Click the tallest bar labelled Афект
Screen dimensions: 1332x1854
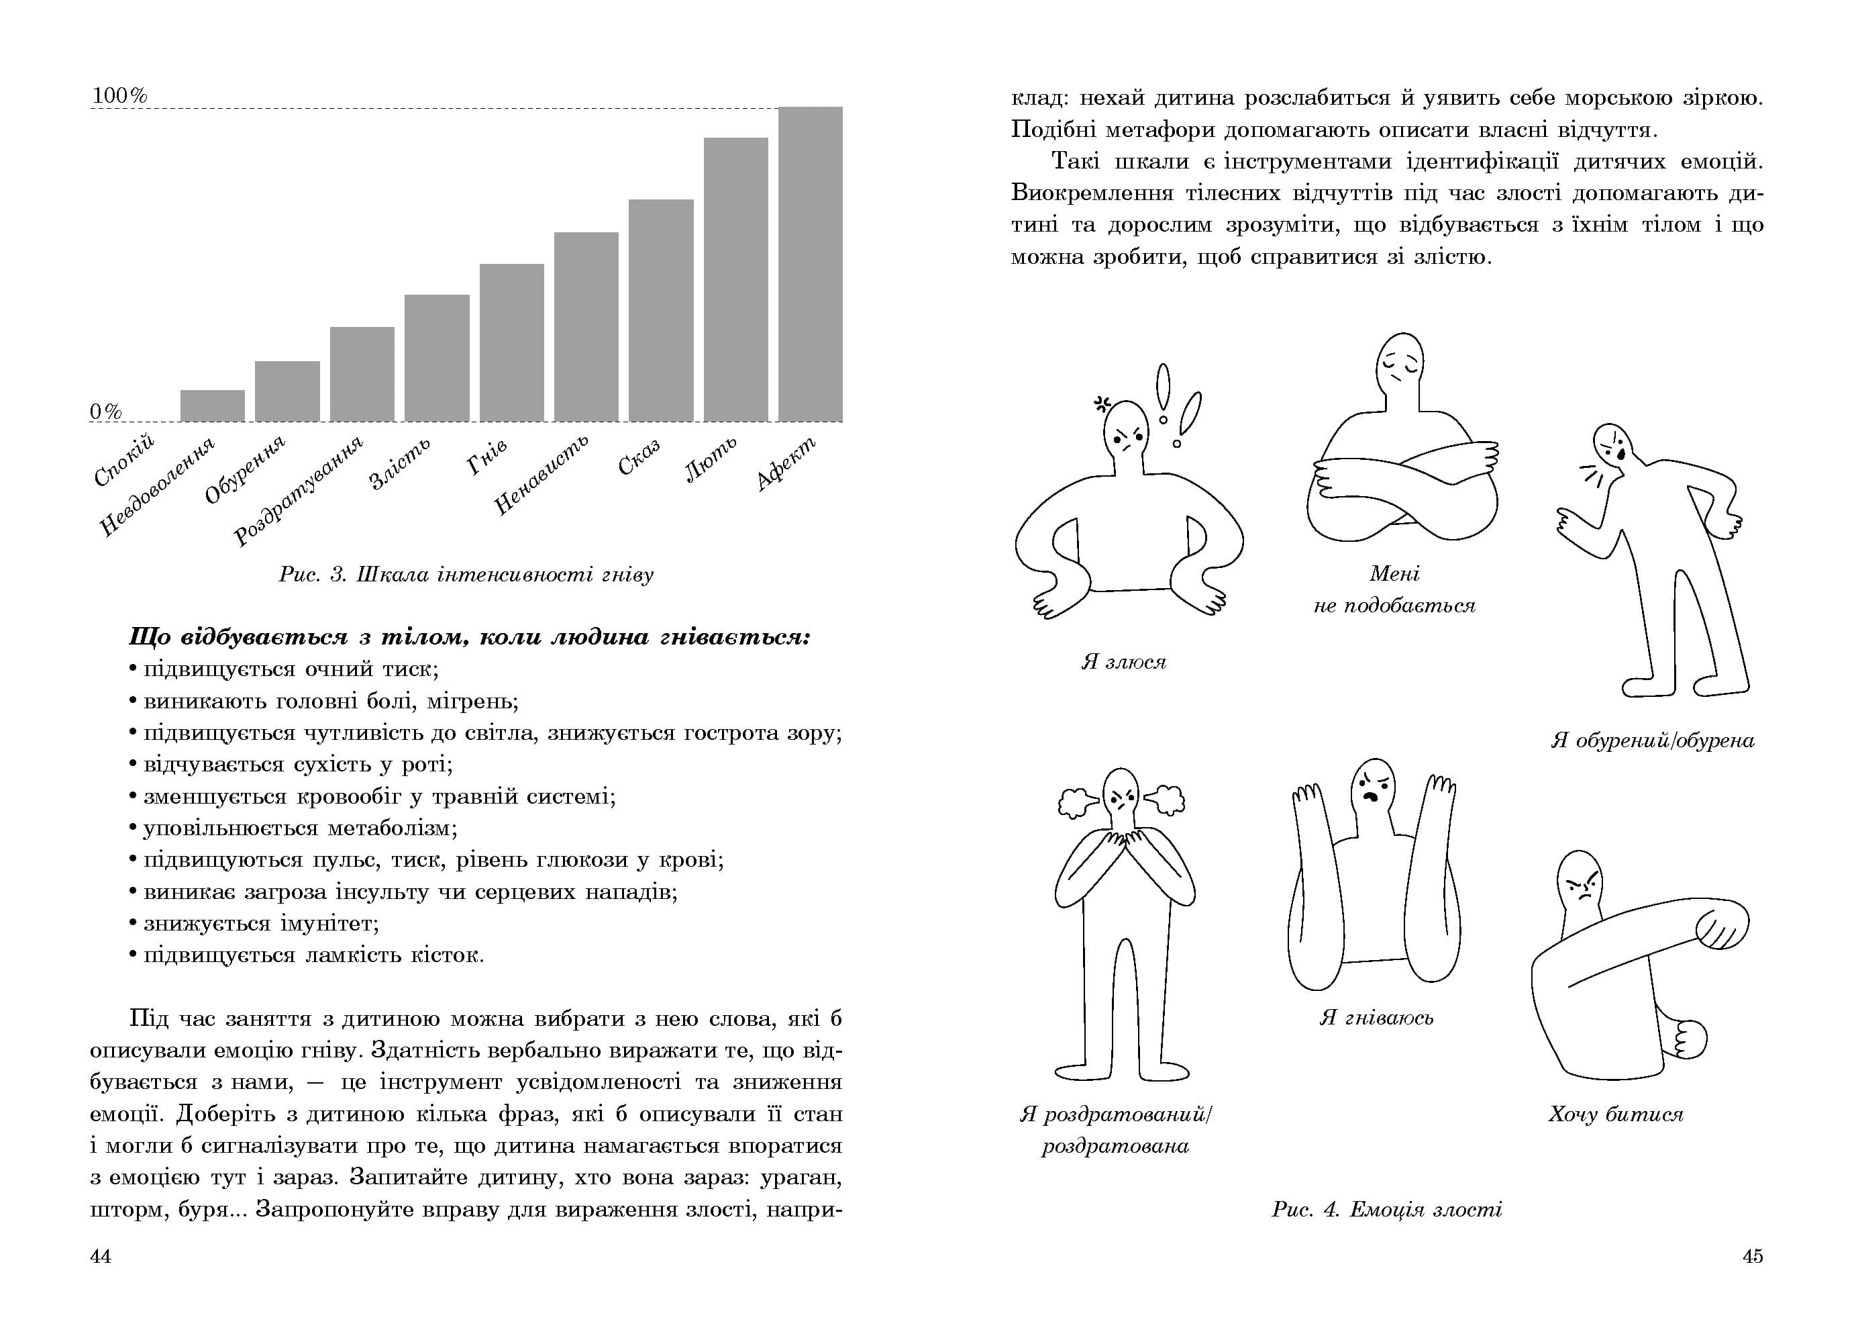point(809,263)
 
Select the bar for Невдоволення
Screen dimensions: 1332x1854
point(213,406)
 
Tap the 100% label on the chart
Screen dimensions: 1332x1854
point(119,95)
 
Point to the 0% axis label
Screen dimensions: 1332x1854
point(105,412)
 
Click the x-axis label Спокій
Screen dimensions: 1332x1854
point(124,461)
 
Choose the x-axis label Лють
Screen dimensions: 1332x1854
point(711,459)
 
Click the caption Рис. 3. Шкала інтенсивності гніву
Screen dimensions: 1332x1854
point(466,575)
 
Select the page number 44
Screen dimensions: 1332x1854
point(101,1256)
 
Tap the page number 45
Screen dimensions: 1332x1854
point(1753,1256)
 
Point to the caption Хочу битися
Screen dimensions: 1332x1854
point(1615,1114)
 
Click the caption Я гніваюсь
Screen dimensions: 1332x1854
point(1377,1017)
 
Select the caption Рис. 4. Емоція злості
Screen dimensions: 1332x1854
point(1386,1209)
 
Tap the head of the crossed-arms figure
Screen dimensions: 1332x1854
point(1401,364)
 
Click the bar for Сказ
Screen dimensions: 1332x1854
point(660,310)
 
